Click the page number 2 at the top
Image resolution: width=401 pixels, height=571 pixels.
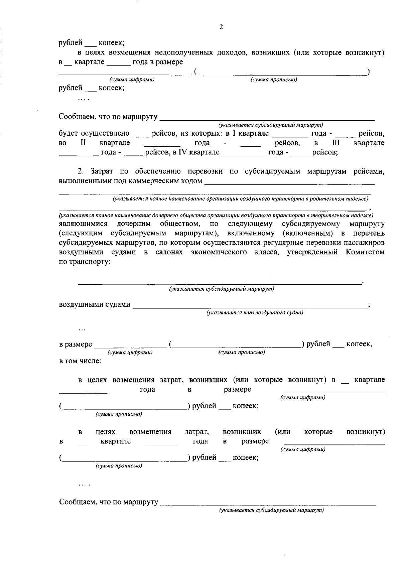(221, 27)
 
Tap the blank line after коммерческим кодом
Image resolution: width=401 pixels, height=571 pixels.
(289, 183)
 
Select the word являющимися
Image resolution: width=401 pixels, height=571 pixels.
(83, 224)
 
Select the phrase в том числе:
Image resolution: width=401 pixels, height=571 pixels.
(80, 361)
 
